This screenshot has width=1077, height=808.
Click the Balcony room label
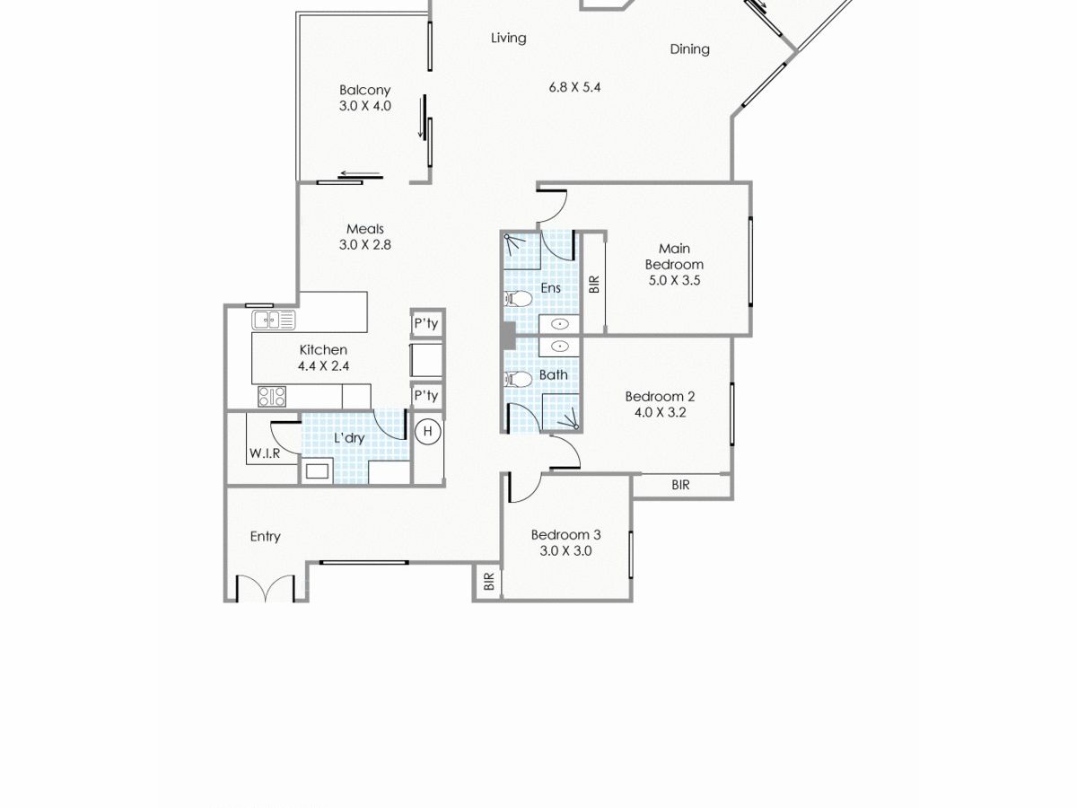364,91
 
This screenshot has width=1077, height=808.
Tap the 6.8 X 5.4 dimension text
574,87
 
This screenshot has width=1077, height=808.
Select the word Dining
689,49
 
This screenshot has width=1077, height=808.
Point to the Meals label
365,229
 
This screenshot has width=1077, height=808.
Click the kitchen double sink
274,321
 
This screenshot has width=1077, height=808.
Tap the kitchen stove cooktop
272,397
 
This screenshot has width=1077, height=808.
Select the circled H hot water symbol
428,431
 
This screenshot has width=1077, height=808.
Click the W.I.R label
265,453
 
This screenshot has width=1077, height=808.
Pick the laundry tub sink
317,471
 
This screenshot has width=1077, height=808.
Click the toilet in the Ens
518,298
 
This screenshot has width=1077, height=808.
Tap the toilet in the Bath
518,379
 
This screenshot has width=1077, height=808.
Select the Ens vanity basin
559,324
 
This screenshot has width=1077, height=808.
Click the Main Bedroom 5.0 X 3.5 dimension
674,281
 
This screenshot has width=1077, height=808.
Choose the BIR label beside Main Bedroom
594,285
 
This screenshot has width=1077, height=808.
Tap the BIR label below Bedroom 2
680,485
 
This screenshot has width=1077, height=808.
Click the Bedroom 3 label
565,535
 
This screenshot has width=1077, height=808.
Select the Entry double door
266,589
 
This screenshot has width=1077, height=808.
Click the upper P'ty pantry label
426,324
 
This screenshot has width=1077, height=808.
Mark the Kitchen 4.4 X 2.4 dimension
323,366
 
